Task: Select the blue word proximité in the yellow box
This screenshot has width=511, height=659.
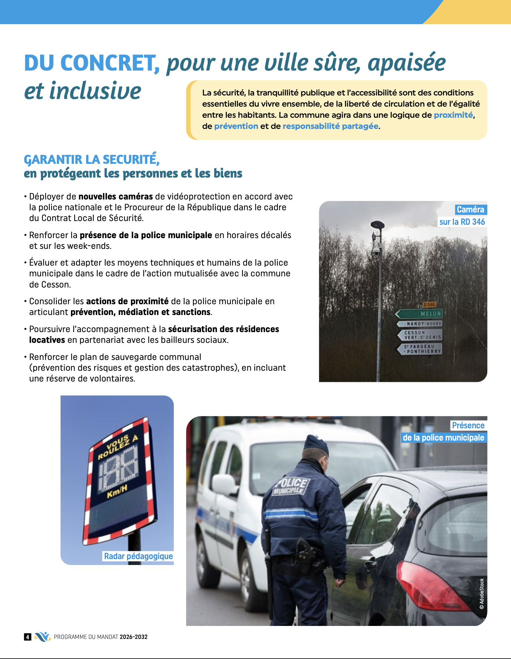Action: tap(453, 115)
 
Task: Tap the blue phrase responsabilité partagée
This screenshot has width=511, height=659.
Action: tap(331, 126)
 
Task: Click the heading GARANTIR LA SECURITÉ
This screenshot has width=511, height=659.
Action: tap(92, 159)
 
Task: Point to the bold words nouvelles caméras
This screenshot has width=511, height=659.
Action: tap(115, 197)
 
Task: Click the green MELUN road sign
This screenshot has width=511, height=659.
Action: tap(420, 314)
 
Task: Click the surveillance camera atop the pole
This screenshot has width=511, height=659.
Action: tap(377, 250)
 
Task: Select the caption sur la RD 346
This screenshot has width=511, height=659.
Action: tap(462, 222)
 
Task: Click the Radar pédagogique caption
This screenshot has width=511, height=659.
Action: tap(138, 556)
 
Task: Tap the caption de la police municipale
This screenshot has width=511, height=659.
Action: tap(443, 438)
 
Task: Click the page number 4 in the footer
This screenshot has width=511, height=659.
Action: tap(27, 637)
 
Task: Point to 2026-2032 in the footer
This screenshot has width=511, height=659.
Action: tap(134, 637)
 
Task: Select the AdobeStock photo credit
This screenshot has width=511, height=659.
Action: tap(482, 594)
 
